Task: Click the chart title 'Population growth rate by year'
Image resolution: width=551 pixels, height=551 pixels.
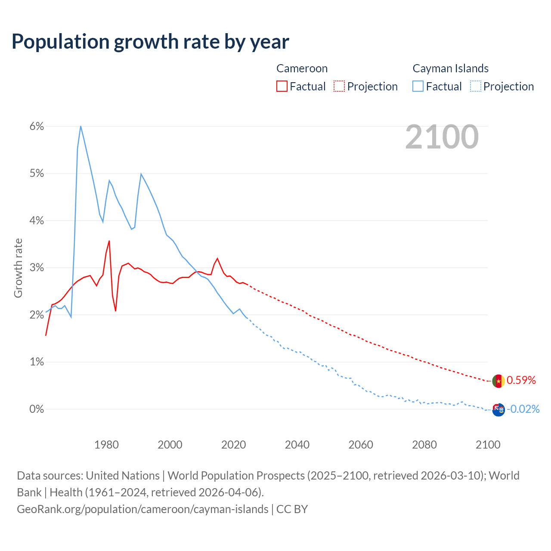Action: click(x=150, y=42)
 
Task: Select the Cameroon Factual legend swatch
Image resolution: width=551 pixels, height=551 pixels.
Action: click(x=282, y=86)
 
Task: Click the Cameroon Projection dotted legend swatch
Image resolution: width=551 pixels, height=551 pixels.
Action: click(x=339, y=86)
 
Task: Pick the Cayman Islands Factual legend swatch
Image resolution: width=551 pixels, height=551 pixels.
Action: click(x=418, y=86)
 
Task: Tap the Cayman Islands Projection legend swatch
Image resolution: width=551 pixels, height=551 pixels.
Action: click(x=475, y=86)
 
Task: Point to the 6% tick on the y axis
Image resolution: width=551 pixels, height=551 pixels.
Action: click(x=37, y=126)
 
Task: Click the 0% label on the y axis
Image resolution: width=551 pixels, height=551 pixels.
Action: click(x=37, y=409)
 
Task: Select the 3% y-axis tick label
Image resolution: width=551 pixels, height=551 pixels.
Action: click(x=37, y=268)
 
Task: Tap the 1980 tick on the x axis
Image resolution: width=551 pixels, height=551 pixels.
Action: click(x=106, y=445)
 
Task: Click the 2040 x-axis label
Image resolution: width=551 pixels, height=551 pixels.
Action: click(x=297, y=445)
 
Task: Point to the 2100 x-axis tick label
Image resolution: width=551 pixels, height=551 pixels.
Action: click(x=488, y=445)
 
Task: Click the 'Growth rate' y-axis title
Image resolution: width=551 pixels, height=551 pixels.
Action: click(x=18, y=268)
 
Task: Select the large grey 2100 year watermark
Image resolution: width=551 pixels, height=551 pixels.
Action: click(x=442, y=137)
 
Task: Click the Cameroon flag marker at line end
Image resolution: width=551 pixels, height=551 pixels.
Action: click(x=498, y=381)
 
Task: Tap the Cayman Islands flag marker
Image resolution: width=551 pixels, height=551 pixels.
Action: click(x=498, y=409)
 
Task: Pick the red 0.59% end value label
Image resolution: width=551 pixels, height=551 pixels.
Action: click(x=521, y=380)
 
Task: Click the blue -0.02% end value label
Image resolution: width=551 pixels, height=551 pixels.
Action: click(x=523, y=409)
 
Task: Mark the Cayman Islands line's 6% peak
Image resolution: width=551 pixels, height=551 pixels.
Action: click(x=80, y=126)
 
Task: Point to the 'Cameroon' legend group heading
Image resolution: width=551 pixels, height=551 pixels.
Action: click(x=302, y=68)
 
